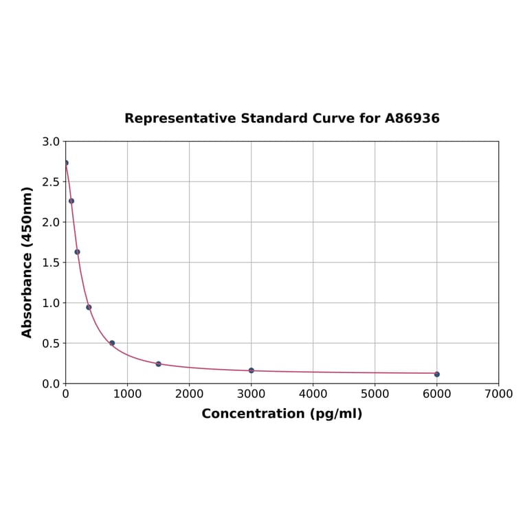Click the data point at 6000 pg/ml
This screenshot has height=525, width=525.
(436, 374)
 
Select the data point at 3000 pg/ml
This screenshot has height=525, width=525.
(251, 370)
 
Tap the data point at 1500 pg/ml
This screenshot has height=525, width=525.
(158, 364)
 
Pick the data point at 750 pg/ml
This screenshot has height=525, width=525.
(112, 343)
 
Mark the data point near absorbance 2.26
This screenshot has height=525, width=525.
(71, 201)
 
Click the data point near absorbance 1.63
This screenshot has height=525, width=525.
(77, 252)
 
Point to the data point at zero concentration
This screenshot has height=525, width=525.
(66, 163)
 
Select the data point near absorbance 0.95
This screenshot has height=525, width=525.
(89, 307)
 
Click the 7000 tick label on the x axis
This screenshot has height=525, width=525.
(498, 394)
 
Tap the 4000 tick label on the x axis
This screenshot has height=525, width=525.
(313, 394)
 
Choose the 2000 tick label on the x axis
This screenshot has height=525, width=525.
(189, 394)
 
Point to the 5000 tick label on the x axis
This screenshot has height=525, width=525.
(375, 394)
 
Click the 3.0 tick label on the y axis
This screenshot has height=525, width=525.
(51, 142)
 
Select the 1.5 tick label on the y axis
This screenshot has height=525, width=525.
(51, 262)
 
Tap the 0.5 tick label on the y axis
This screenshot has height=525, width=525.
(51, 343)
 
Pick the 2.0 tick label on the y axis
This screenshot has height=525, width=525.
(51, 222)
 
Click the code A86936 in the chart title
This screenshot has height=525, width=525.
(412, 118)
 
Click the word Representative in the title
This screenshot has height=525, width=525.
(180, 118)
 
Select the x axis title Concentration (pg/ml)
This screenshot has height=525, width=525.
(282, 414)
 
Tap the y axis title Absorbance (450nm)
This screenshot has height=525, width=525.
(27, 262)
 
